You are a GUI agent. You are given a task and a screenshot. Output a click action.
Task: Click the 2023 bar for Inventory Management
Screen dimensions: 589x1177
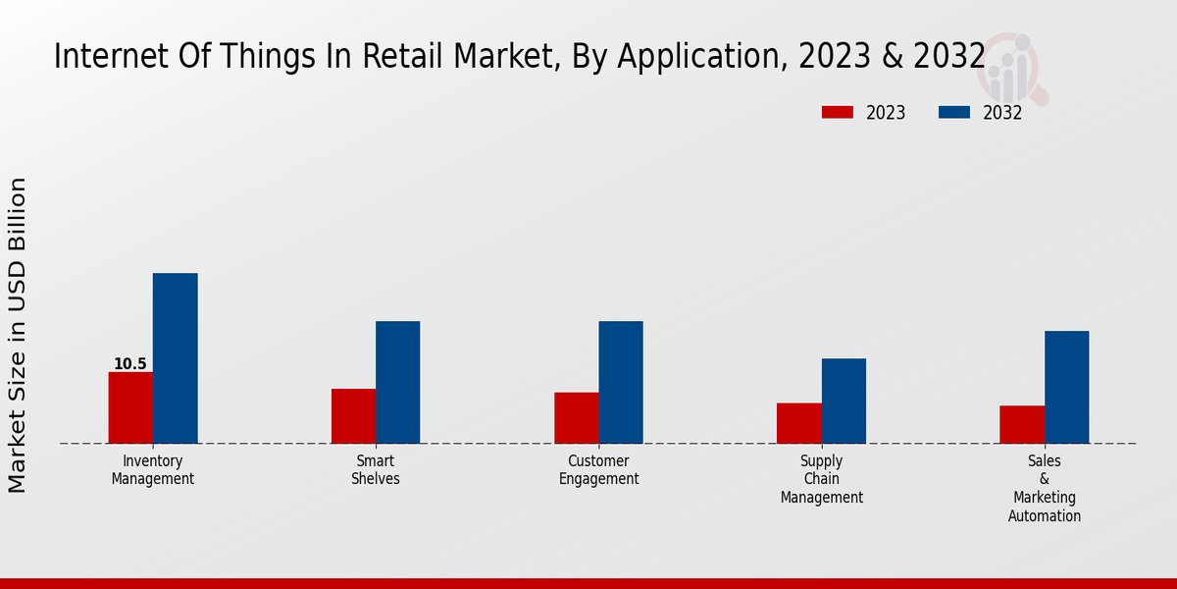click(x=130, y=407)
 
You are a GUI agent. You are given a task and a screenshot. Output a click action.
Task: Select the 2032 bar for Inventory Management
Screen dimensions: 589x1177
click(x=175, y=358)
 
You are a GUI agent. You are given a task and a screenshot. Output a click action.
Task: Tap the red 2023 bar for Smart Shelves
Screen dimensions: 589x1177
click(x=353, y=416)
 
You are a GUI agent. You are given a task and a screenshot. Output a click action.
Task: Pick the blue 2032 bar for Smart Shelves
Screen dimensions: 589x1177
click(x=397, y=382)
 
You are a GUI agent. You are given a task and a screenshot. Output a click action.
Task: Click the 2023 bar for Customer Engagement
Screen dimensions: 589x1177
click(x=576, y=418)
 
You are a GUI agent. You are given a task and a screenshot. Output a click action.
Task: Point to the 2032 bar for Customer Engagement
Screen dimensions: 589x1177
click(x=621, y=382)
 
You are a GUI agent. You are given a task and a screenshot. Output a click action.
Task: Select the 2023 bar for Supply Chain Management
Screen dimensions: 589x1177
click(x=798, y=423)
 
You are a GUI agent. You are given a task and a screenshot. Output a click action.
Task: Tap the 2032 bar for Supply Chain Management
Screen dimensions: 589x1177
click(x=844, y=401)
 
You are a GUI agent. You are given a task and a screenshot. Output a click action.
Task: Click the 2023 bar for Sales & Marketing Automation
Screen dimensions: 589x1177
click(x=1022, y=424)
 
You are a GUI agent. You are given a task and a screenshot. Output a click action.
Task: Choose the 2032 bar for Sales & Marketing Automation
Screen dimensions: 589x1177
click(x=1066, y=387)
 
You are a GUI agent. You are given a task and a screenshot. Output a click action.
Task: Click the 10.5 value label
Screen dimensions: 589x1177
click(x=129, y=364)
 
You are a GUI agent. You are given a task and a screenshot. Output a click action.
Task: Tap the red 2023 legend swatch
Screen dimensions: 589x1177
click(x=837, y=113)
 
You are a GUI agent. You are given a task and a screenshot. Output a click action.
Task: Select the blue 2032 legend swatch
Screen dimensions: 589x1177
click(x=953, y=113)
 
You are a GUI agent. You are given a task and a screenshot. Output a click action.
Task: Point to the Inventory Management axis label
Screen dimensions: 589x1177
click(x=152, y=470)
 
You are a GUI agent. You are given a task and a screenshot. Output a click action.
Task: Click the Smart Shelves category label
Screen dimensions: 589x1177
click(x=376, y=470)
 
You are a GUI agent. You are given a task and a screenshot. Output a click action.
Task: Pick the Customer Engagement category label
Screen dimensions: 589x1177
click(x=598, y=470)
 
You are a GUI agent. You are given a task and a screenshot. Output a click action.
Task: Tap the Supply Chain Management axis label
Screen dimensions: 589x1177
click(x=822, y=479)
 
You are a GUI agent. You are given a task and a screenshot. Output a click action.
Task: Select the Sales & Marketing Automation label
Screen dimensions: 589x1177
click(x=1045, y=488)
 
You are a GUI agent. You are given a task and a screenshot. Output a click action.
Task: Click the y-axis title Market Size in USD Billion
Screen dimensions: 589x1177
click(x=18, y=335)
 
